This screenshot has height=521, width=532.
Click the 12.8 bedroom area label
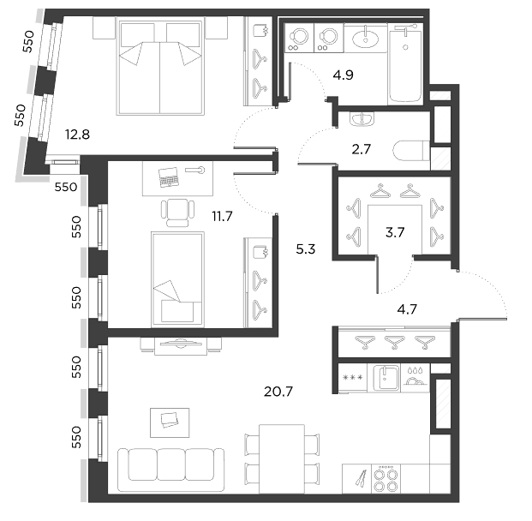tap(78, 135)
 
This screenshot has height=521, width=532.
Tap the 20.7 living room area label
tap(278, 392)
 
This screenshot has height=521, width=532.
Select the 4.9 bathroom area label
tap(343, 75)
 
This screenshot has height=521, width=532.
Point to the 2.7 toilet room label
tap(361, 149)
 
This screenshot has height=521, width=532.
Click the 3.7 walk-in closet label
tap(395, 232)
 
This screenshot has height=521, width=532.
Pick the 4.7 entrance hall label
tap(407, 309)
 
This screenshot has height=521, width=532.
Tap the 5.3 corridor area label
tap(306, 249)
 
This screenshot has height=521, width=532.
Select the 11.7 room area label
tap(222, 216)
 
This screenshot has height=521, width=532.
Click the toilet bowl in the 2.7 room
tap(411, 150)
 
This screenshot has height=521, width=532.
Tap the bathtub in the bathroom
tap(405, 64)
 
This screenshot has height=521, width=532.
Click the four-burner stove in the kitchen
tap(386, 478)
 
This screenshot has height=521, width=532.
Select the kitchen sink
tap(386, 378)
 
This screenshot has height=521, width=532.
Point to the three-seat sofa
tap(171, 470)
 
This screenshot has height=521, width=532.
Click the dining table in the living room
tap(282, 458)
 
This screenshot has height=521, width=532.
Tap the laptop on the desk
tap(168, 177)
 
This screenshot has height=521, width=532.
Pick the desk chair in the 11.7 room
tap(177, 213)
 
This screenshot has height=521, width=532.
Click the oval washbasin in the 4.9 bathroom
tap(366, 38)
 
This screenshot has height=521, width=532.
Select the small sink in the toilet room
tap(362, 119)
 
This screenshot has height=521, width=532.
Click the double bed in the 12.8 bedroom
tap(160, 67)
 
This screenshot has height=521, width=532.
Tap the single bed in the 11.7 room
tap(177, 279)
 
